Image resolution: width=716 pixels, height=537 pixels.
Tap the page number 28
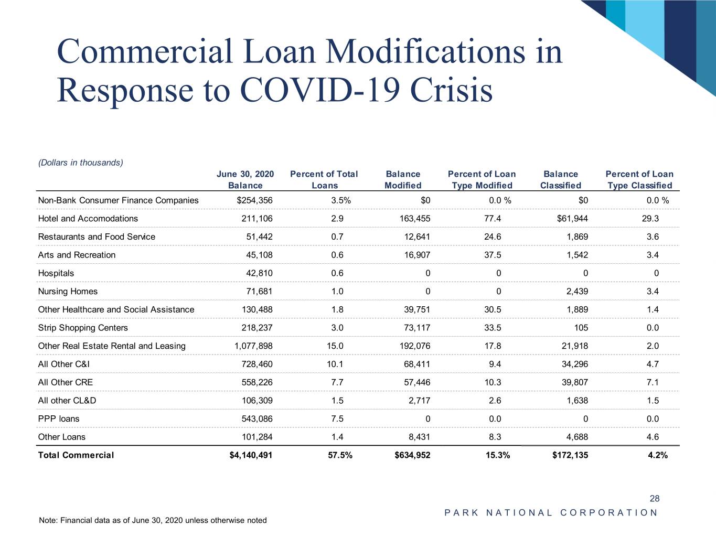coord(654,499)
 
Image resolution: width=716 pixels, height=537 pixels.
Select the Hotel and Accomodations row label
coord(88,219)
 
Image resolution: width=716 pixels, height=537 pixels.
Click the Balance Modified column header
coord(403,180)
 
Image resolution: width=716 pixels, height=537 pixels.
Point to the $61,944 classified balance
coord(572,219)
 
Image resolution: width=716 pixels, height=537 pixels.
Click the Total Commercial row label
coord(76,455)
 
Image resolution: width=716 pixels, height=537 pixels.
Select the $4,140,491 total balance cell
coord(251,455)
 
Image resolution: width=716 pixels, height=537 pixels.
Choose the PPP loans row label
coord(59,419)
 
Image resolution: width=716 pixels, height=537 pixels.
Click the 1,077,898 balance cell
coord(253,346)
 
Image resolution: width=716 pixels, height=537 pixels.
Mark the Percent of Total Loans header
coord(324,180)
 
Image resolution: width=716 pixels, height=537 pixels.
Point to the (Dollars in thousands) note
coord(81,163)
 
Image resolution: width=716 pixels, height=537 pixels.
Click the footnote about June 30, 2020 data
coord(153,521)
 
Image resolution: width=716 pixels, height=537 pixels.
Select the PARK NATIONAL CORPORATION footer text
coord(551,513)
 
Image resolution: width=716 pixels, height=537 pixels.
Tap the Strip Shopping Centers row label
coord(83,328)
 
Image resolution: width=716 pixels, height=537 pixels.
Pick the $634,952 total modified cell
coord(412,455)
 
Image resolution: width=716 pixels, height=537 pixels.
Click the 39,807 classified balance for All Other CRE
coord(574,382)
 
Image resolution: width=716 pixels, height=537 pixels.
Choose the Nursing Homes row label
coord(68,292)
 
